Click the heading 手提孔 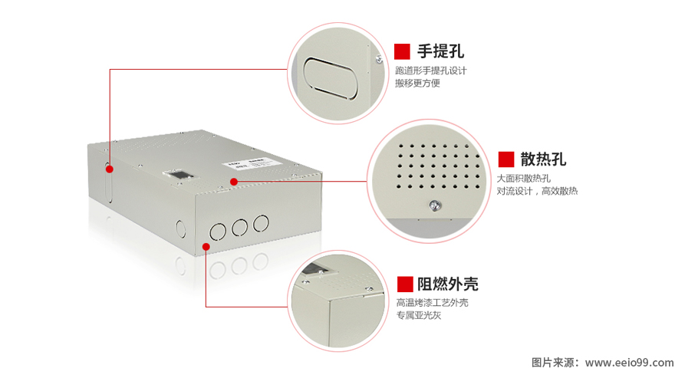440,51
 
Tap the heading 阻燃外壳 448,284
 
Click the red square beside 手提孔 402,51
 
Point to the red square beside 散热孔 506,159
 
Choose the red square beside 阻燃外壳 404,284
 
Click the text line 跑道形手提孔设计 430,71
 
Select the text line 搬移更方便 417,83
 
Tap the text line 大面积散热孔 524,179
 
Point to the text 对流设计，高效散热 537,191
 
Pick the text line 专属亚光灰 419,315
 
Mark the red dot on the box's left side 110,168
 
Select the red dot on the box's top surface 234,182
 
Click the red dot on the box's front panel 206,245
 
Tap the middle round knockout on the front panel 239,227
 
